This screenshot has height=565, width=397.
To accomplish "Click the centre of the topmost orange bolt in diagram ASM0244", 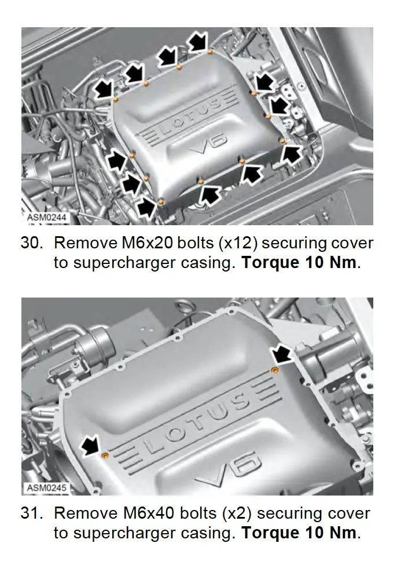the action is [x=210, y=53].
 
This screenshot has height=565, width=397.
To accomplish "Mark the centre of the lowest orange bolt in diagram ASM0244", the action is [x=161, y=202].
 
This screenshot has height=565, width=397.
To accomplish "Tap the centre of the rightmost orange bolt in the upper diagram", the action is [x=283, y=141].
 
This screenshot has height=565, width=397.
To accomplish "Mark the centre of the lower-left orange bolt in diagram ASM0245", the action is [x=105, y=456].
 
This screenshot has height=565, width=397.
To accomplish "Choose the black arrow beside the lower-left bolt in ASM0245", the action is [x=91, y=445].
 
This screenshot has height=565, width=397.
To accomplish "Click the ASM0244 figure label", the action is [x=47, y=217].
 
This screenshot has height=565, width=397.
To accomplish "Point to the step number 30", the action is [x=32, y=243].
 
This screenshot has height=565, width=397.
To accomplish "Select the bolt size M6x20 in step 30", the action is [x=148, y=243].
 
